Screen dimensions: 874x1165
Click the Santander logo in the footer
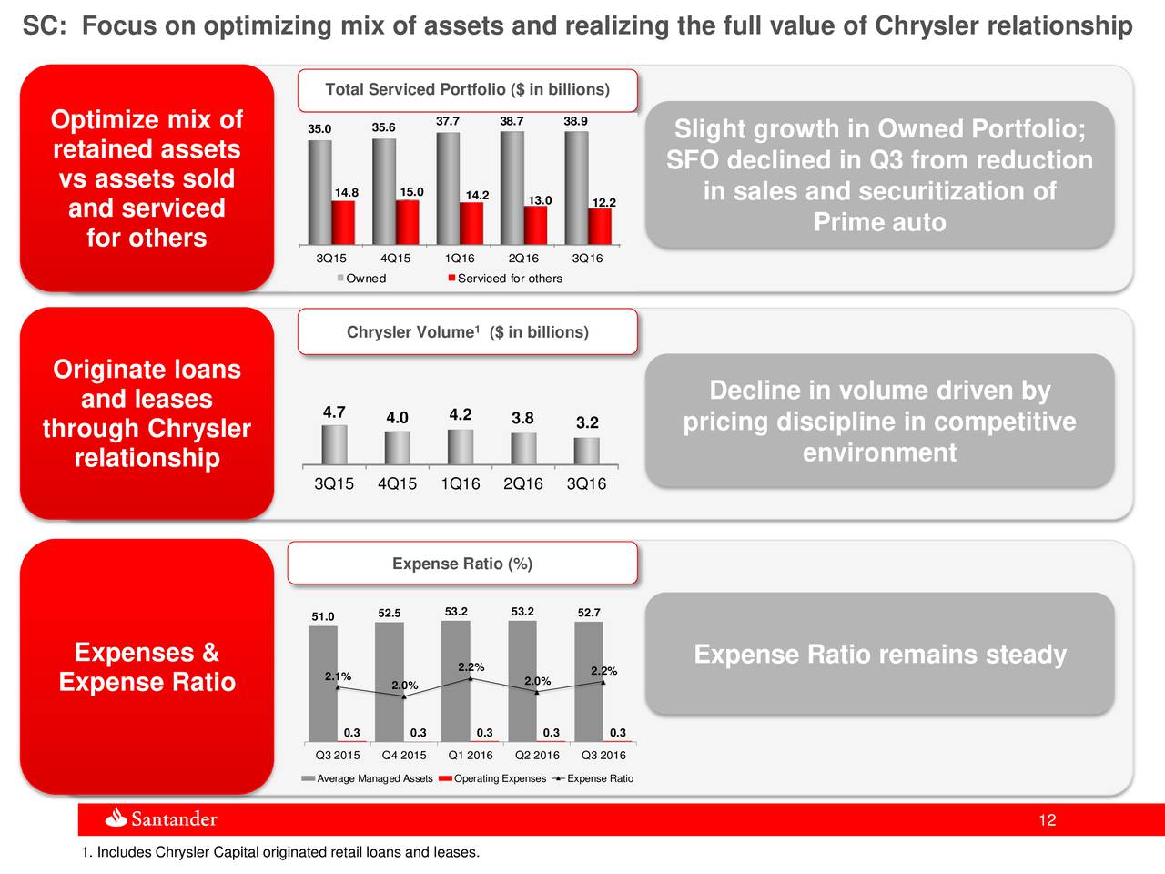pyautogui.click(x=162, y=818)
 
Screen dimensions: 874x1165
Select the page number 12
pyautogui.click(x=1047, y=821)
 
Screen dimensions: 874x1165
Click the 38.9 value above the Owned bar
pyautogui.click(x=575, y=121)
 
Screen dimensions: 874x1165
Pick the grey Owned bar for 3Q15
pyautogui.click(x=319, y=191)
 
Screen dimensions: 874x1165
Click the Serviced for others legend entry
pyautogui.click(x=505, y=279)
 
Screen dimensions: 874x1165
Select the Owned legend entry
pyautogui.click(x=362, y=279)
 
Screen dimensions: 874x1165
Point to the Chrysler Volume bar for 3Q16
pyautogui.click(x=586, y=452)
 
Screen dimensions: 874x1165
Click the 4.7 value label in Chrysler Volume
pyautogui.click(x=334, y=412)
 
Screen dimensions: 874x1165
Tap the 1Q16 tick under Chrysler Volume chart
pyautogui.click(x=460, y=484)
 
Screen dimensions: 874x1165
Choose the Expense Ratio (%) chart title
pyautogui.click(x=462, y=564)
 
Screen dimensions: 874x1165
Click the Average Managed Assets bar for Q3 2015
pyautogui.click(x=322, y=683)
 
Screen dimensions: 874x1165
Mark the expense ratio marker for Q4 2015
pyautogui.click(x=404, y=697)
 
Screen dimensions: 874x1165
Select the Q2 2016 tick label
pyautogui.click(x=537, y=756)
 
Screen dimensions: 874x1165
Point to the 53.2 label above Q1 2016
pyautogui.click(x=456, y=611)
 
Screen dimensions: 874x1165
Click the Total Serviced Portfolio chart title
pyautogui.click(x=467, y=89)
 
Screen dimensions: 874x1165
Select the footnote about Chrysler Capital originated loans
pyautogui.click(x=280, y=852)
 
